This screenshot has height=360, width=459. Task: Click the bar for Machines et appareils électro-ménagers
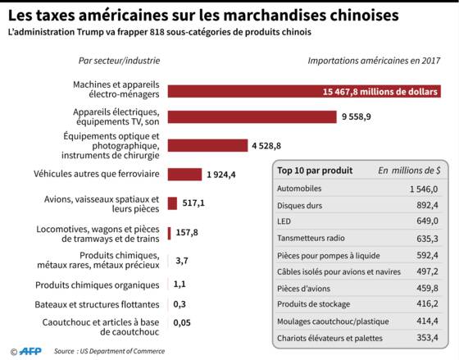[304, 91]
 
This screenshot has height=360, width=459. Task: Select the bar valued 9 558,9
[252, 117]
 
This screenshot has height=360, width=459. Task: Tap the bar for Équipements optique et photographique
[207, 146]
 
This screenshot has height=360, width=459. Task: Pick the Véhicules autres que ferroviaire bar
[184, 175]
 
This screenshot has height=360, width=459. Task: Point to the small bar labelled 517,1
[172, 203]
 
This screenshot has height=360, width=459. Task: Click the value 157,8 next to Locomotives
[187, 233]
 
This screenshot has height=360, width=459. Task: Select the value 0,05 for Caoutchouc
[182, 323]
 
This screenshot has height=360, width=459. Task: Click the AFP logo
[30, 351]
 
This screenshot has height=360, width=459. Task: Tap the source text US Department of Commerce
[122, 351]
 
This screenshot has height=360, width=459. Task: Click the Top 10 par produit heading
[315, 171]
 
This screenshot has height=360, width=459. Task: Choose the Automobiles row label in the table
[299, 189]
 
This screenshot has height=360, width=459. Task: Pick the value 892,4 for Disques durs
[427, 205]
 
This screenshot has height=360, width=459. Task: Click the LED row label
[284, 221]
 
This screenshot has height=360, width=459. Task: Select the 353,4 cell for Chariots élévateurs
[427, 338]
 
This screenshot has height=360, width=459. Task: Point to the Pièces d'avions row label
[303, 289]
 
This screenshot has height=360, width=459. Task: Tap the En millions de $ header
[409, 171]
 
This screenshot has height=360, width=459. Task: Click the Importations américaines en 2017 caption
[374, 61]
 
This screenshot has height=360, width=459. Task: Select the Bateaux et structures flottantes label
[98, 304]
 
